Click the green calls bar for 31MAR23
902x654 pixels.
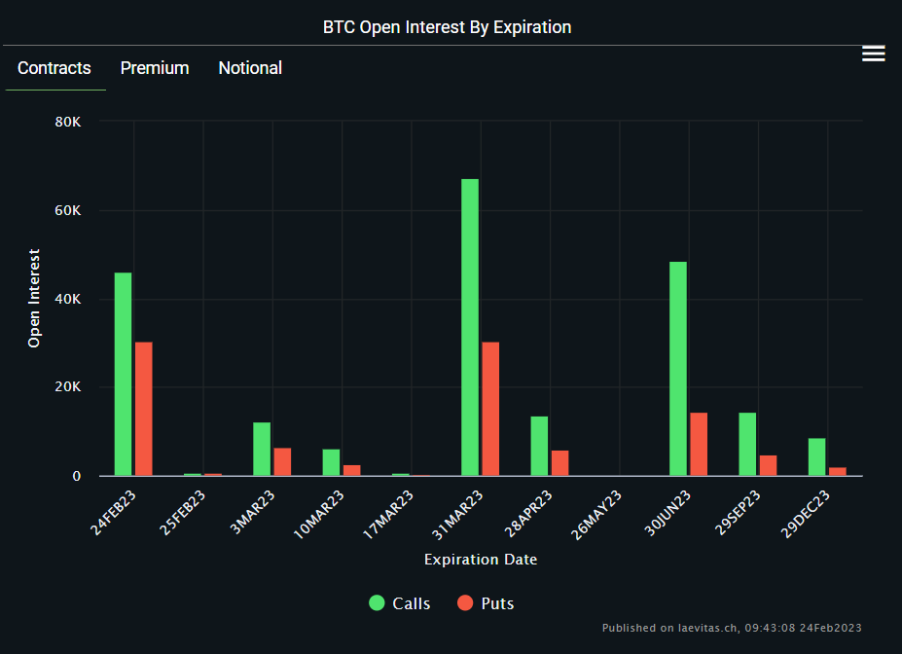[x=470, y=327]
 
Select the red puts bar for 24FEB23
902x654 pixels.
[x=144, y=409]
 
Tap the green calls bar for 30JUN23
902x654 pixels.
[x=678, y=369]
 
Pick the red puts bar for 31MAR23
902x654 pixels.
[x=490, y=409]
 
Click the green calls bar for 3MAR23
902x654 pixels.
[x=262, y=449]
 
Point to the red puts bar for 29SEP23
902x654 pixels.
[x=768, y=465]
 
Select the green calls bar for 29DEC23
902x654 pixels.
[x=816, y=456]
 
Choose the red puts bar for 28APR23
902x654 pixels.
[x=559, y=463]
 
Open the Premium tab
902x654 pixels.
[x=155, y=68]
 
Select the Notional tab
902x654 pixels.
[x=250, y=68]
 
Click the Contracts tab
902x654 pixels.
[x=54, y=68]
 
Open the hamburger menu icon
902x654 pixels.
[x=874, y=54]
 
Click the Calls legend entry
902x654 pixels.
[x=400, y=603]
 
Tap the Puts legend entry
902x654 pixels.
[x=486, y=603]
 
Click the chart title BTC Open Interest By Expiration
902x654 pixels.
[x=448, y=27]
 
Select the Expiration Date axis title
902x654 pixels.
[x=481, y=560]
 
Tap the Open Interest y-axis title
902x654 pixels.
[x=34, y=299]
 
